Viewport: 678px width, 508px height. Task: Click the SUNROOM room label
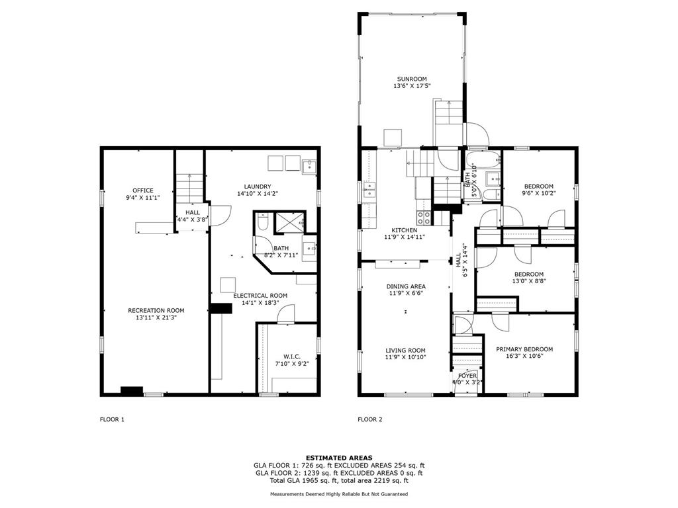tap(412, 79)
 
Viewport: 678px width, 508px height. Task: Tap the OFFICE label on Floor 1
tap(143, 190)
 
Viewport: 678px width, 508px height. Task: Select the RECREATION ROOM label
tap(156, 311)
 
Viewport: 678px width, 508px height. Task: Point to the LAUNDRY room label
tap(258, 187)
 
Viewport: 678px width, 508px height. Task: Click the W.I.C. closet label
tap(292, 357)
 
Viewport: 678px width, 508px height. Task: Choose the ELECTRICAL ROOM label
tap(260, 296)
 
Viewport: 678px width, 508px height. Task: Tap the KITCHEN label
tap(405, 230)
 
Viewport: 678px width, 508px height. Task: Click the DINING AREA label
tap(406, 286)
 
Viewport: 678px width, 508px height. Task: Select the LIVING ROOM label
tap(406, 351)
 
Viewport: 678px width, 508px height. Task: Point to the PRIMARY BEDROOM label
tap(524, 349)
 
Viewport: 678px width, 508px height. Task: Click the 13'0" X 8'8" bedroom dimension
tap(529, 280)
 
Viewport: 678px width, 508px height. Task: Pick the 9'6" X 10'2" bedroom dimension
tap(538, 193)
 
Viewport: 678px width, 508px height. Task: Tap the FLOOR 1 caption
tap(112, 419)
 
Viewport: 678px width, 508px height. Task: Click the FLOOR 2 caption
tap(369, 419)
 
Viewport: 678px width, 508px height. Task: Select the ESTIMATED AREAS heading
tap(339, 458)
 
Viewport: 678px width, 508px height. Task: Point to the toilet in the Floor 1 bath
tap(263, 222)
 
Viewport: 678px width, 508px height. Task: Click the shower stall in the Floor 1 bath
tap(290, 222)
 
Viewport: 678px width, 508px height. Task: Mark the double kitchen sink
tap(369, 190)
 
